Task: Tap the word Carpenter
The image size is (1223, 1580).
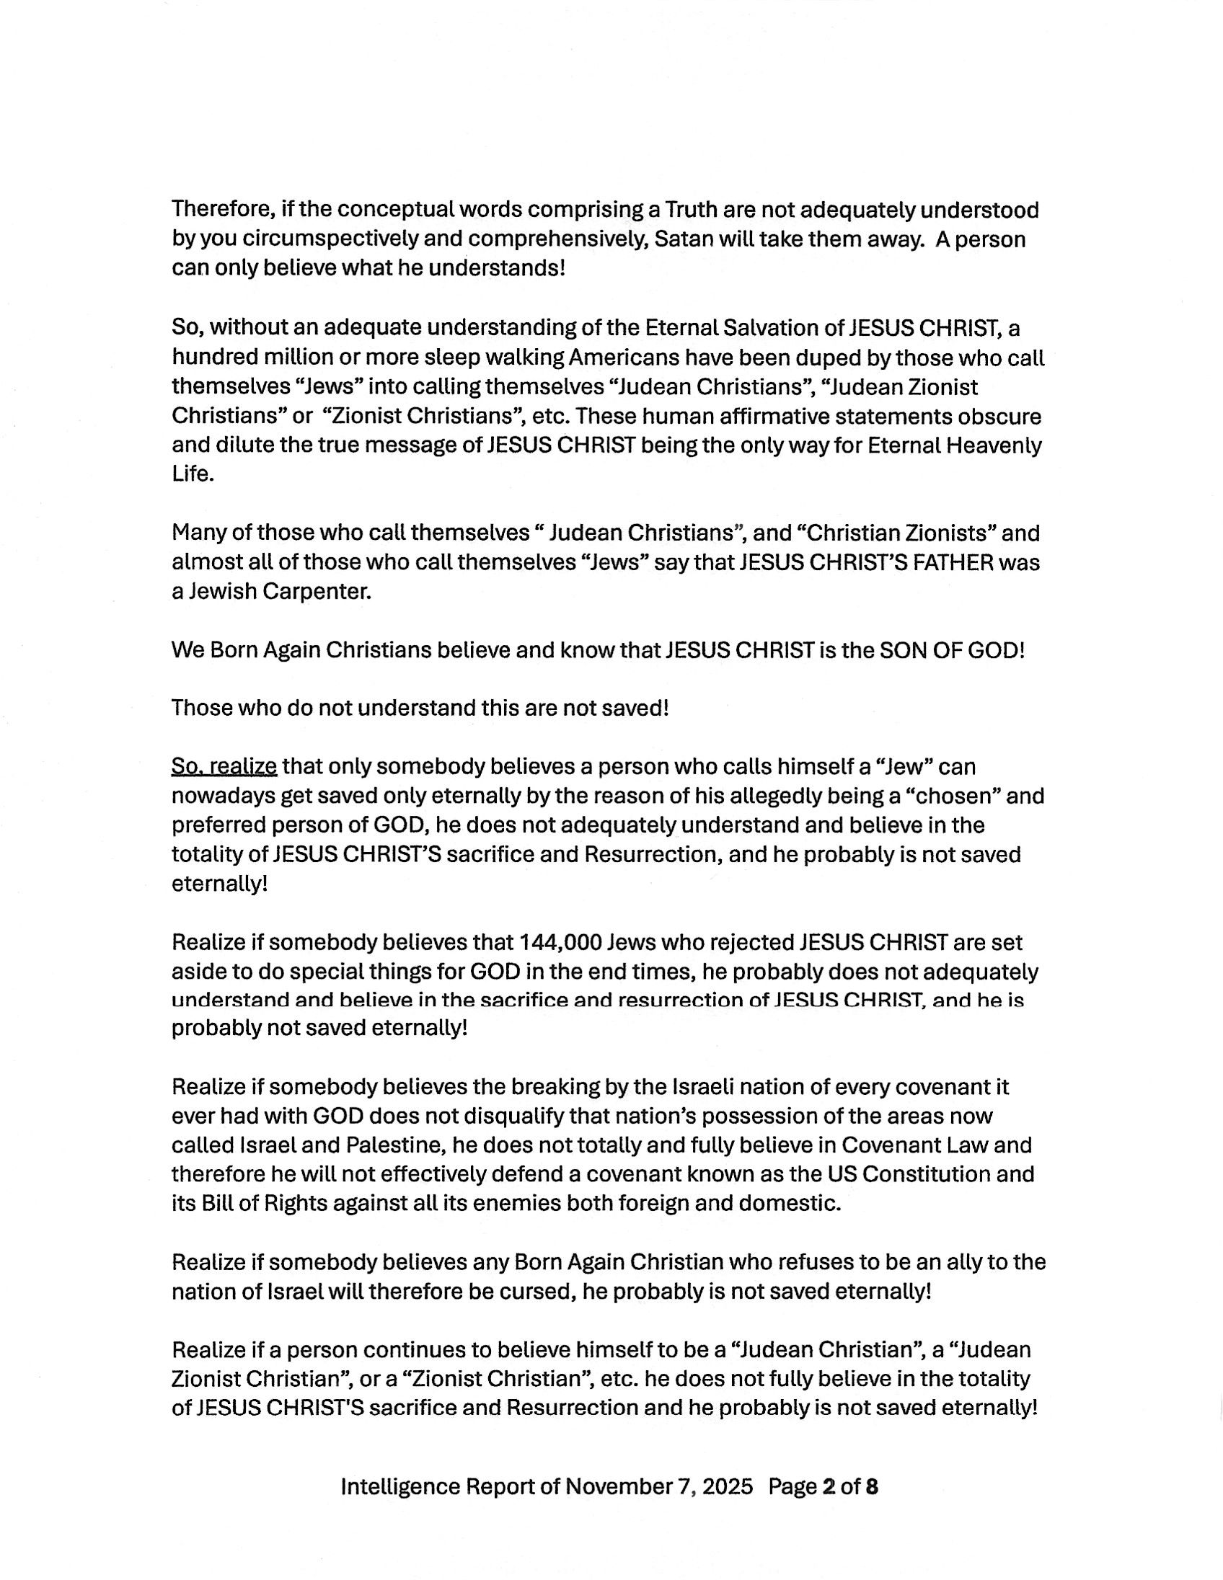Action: click(317, 592)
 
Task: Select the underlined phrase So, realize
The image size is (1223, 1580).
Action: click(224, 766)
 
